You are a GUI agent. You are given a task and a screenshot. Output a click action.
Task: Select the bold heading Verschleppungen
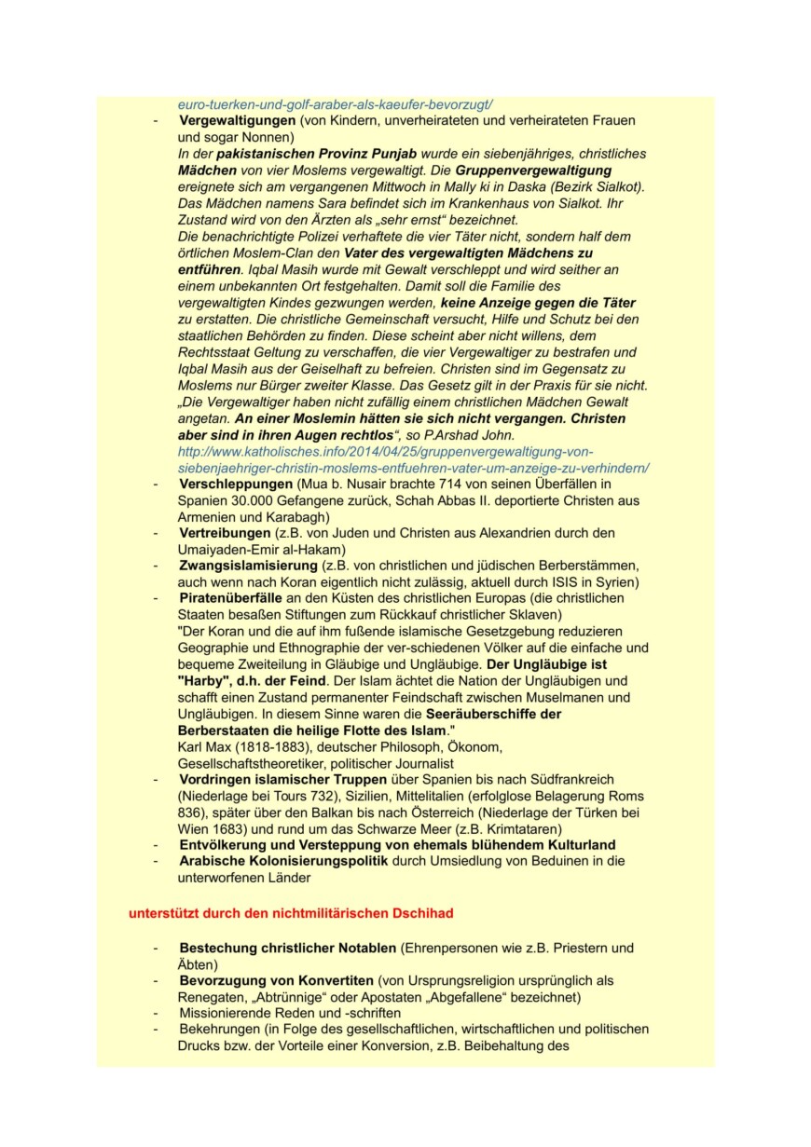(x=236, y=485)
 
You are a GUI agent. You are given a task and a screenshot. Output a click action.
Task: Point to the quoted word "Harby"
(x=206, y=681)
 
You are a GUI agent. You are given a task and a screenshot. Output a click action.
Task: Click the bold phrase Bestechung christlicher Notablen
(x=288, y=948)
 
